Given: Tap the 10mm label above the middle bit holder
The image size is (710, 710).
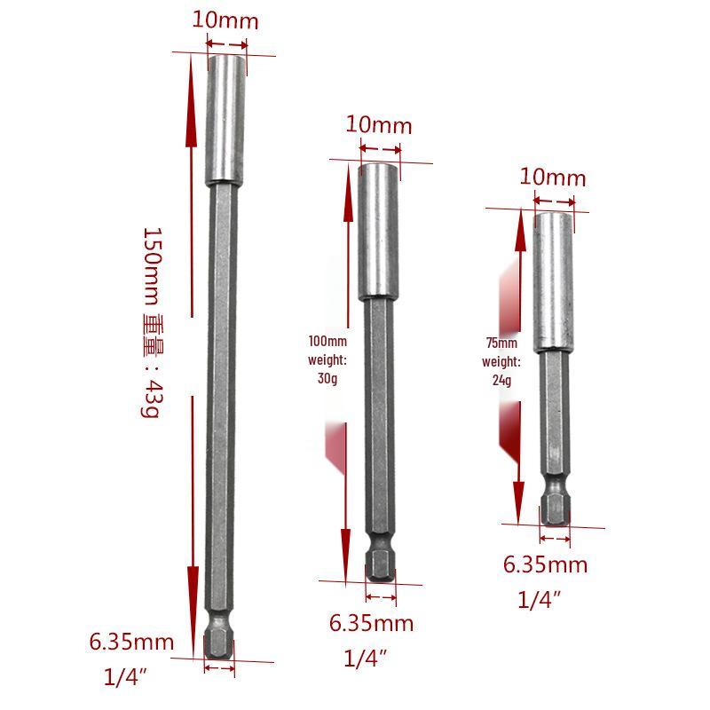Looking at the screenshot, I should point(379,124).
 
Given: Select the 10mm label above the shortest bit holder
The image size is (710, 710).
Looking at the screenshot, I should point(553,177).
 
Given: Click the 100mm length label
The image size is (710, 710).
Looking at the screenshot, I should point(327,341).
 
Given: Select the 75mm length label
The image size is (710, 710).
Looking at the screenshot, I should point(501,343).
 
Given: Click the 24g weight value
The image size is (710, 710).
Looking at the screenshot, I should point(501,380).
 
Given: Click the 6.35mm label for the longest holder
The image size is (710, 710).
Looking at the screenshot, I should point(131,641).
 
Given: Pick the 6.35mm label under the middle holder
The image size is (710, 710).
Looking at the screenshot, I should point(371,623).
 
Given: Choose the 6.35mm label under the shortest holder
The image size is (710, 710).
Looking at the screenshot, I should point(545,564).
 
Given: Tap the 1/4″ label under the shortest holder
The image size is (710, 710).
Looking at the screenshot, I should point(540,600).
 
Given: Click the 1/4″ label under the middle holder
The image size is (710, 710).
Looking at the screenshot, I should point(367,659).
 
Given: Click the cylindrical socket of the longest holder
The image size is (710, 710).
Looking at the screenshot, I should point(225,119).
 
